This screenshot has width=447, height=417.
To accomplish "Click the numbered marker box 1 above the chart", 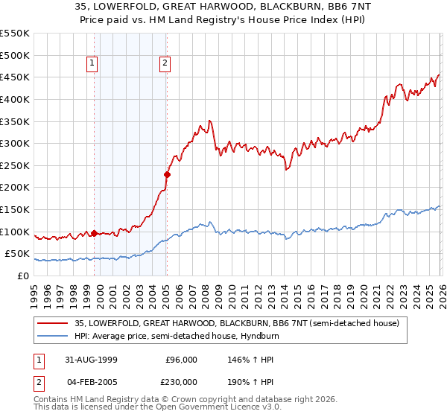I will coord(92,64).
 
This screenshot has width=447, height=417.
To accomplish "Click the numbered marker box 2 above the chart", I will coord(164,64).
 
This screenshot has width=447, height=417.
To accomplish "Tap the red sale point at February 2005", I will coord(167,174).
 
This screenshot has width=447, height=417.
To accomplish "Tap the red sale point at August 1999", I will coord(95,233).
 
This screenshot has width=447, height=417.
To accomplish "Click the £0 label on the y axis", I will coord(22,276).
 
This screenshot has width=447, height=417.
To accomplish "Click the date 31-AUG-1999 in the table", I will coord(89,359).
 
